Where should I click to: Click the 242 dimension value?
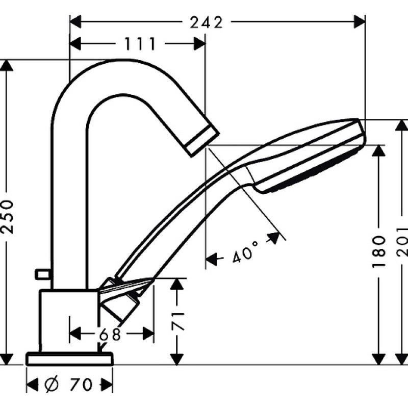point(207,22)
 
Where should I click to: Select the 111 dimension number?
point(140,43)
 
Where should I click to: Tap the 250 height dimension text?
point(7,216)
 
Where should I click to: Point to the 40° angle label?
point(245,251)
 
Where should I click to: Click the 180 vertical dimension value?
point(378,251)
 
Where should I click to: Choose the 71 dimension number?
point(177,321)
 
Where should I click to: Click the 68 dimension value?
point(110,334)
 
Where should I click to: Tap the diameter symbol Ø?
point(52,385)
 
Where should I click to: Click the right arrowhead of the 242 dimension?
point(360,21)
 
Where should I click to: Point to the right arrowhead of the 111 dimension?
point(199,43)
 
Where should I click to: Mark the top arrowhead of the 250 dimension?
point(7,65)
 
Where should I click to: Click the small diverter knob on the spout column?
point(42,274)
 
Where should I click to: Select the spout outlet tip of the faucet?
point(202,141)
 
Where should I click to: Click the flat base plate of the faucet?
point(69,359)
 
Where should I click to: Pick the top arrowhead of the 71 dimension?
point(177,284)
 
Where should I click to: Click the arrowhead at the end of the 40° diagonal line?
point(273,238)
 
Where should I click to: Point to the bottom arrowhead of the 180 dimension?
point(378,359)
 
